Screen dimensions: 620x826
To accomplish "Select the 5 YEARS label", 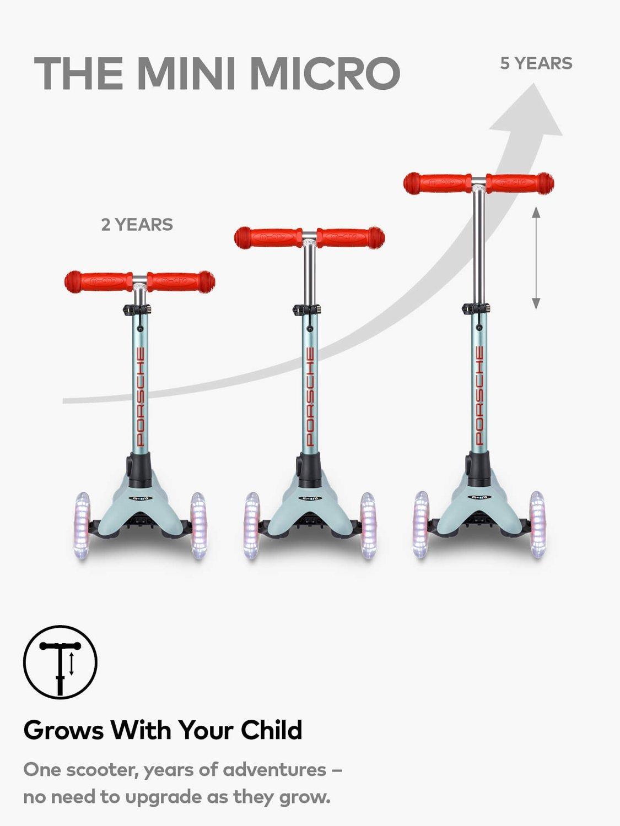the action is pos(536,63).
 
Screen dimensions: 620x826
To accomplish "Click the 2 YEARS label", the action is pos(137,225).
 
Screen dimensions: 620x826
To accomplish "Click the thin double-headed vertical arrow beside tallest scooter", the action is pos(536,258).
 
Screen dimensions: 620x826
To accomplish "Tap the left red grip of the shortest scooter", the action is pos(99,281).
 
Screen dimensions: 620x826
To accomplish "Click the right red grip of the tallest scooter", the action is pos(520,183).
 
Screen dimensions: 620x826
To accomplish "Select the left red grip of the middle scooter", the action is pos(268,237).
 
